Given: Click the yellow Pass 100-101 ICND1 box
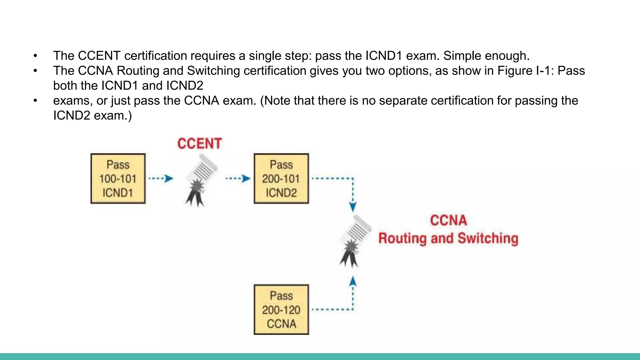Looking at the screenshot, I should point(118,178).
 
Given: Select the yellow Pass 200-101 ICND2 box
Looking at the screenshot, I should point(281,178).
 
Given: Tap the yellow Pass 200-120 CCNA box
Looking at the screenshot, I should point(281,309).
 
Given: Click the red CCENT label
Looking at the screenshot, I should point(199,143).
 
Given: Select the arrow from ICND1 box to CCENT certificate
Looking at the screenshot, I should point(161,178).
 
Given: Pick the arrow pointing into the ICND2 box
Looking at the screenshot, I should point(238,178).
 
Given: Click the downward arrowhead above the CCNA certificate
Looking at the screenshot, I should point(353,207).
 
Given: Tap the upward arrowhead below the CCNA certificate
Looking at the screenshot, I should point(353,282).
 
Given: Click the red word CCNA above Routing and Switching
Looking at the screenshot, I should point(448,220).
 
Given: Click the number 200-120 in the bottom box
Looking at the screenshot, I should point(281,310).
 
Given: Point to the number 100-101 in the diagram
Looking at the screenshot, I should point(118,179).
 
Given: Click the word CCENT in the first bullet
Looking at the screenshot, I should point(99,56).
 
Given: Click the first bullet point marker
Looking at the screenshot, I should point(35,56).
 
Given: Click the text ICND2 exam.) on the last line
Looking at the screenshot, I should point(92,116).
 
